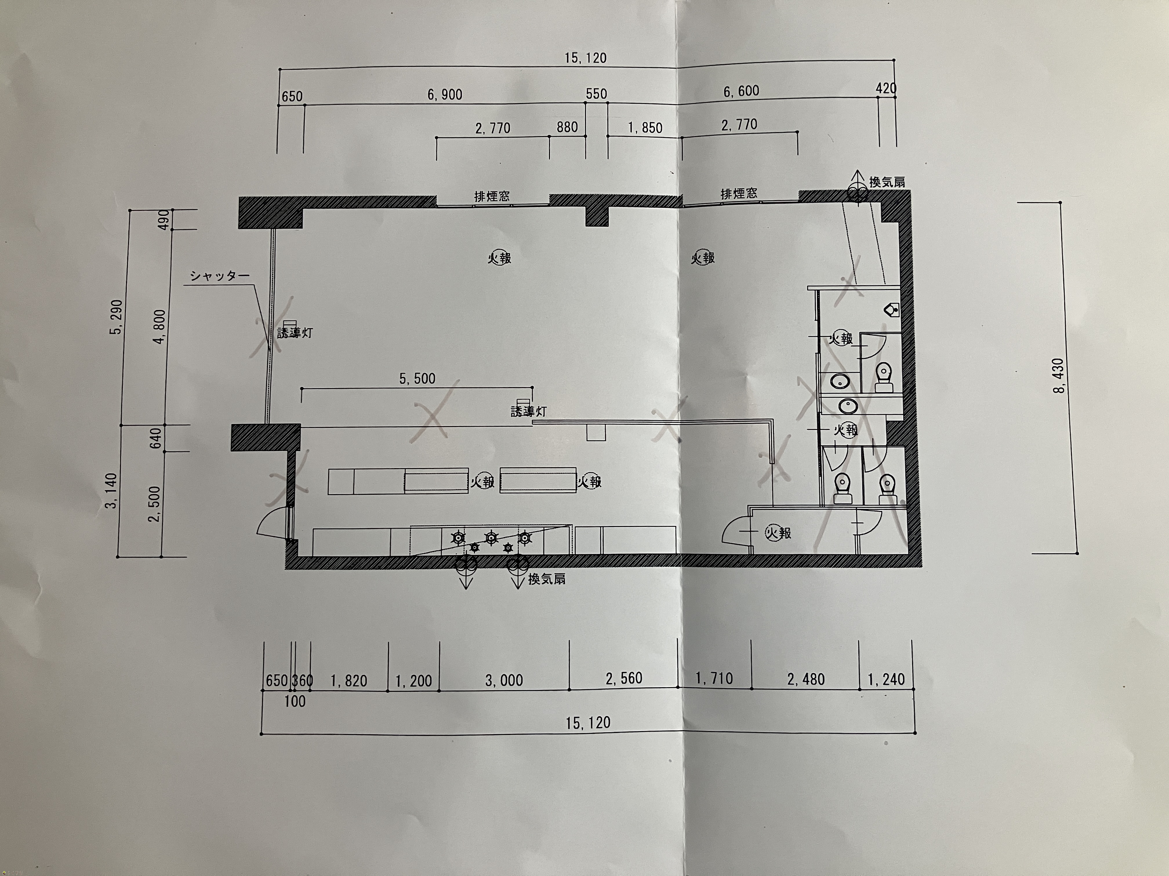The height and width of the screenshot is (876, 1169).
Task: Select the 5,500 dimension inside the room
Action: pyautogui.click(x=418, y=379)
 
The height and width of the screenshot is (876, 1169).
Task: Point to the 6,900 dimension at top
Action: pyautogui.click(x=445, y=94)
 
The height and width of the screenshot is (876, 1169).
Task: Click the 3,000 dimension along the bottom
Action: pyautogui.click(x=504, y=680)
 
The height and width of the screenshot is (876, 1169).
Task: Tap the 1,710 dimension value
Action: pyautogui.click(x=714, y=678)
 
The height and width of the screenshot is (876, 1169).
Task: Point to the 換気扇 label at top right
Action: pyautogui.click(x=887, y=182)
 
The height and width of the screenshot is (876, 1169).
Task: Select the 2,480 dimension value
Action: pyautogui.click(x=806, y=679)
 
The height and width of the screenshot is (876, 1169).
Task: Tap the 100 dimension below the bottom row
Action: pyautogui.click(x=295, y=702)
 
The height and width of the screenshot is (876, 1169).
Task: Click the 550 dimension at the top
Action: pyautogui.click(x=597, y=94)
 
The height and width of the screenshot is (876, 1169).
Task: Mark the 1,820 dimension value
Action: pyautogui.click(x=349, y=681)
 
